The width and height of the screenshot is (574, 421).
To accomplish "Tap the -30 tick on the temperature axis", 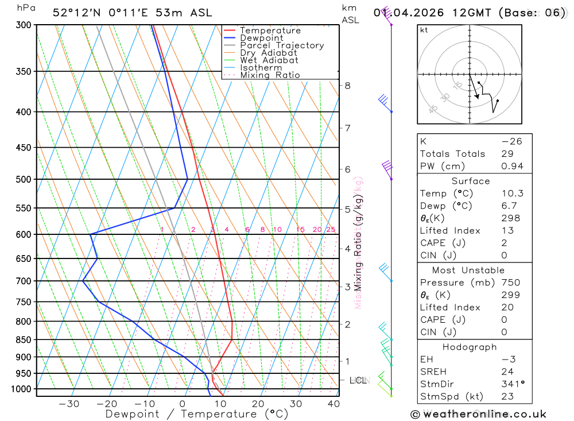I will pyautogui.click(x=69, y=404).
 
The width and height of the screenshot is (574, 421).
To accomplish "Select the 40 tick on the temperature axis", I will pyautogui.click(x=333, y=404).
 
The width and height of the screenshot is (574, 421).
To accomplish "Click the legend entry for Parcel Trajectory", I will pyautogui.click(x=281, y=45).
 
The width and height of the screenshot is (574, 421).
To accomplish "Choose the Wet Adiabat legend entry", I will pyautogui.click(x=269, y=60).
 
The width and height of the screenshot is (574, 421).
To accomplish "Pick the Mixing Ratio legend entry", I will pyautogui.click(x=270, y=75).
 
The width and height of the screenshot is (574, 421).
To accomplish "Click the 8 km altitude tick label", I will pyautogui.click(x=347, y=86).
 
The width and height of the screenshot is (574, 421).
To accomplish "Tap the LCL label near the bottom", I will pyautogui.click(x=358, y=380).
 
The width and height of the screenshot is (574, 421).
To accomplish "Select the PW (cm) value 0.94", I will pyautogui.click(x=512, y=167).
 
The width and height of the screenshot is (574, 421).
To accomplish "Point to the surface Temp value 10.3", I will pyautogui.click(x=512, y=194).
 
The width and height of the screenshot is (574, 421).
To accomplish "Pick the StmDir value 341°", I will pyautogui.click(x=512, y=384).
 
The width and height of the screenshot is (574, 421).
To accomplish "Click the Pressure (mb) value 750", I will pyautogui.click(x=510, y=283).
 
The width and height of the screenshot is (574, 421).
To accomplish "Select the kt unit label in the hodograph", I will pyautogui.click(x=424, y=30).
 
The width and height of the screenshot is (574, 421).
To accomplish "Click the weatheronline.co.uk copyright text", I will pyautogui.click(x=478, y=414).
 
